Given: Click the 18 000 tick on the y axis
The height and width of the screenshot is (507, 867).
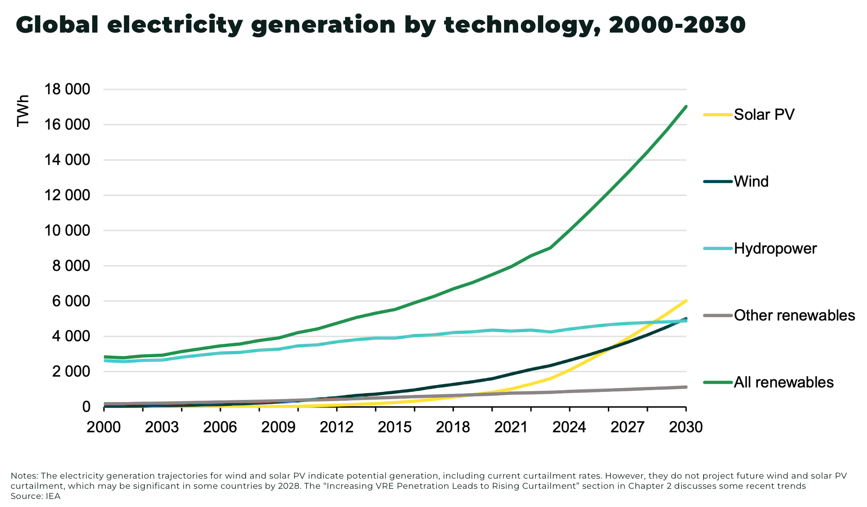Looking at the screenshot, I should coord(68,90).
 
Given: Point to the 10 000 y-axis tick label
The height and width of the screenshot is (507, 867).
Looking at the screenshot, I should coord(68,231).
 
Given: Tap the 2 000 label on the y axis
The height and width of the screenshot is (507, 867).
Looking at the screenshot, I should coord(71,372).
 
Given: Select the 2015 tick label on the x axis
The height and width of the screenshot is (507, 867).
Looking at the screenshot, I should coord(395,427).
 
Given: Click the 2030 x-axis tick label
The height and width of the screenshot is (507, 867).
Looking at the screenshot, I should coord(685,427).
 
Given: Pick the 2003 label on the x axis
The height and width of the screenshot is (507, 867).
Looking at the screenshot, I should coord(162,427).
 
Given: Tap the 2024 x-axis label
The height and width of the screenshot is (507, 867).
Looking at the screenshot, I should coord(569,427).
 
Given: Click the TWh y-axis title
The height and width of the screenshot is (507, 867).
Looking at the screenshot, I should coord(23,110).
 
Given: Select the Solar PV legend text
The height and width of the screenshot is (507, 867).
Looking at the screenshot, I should coord(764,114).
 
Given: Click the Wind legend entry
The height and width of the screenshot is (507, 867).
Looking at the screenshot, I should coord(751,182).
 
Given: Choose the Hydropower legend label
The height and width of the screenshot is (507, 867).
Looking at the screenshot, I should coord(775,248).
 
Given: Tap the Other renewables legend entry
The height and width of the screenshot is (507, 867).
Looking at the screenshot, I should coord(794,315).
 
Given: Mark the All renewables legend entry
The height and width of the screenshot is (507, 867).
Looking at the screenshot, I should coord(783,382).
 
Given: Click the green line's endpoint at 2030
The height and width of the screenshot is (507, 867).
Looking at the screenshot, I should coord(686,107).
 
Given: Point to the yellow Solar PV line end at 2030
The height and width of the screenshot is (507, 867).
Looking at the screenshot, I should coord(686,301).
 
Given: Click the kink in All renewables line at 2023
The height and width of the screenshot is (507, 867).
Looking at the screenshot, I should coord(550,248).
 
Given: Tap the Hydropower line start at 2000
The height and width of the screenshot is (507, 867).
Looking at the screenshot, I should coord(105,361).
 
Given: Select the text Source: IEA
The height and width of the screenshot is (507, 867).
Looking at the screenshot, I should coord(36,496).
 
